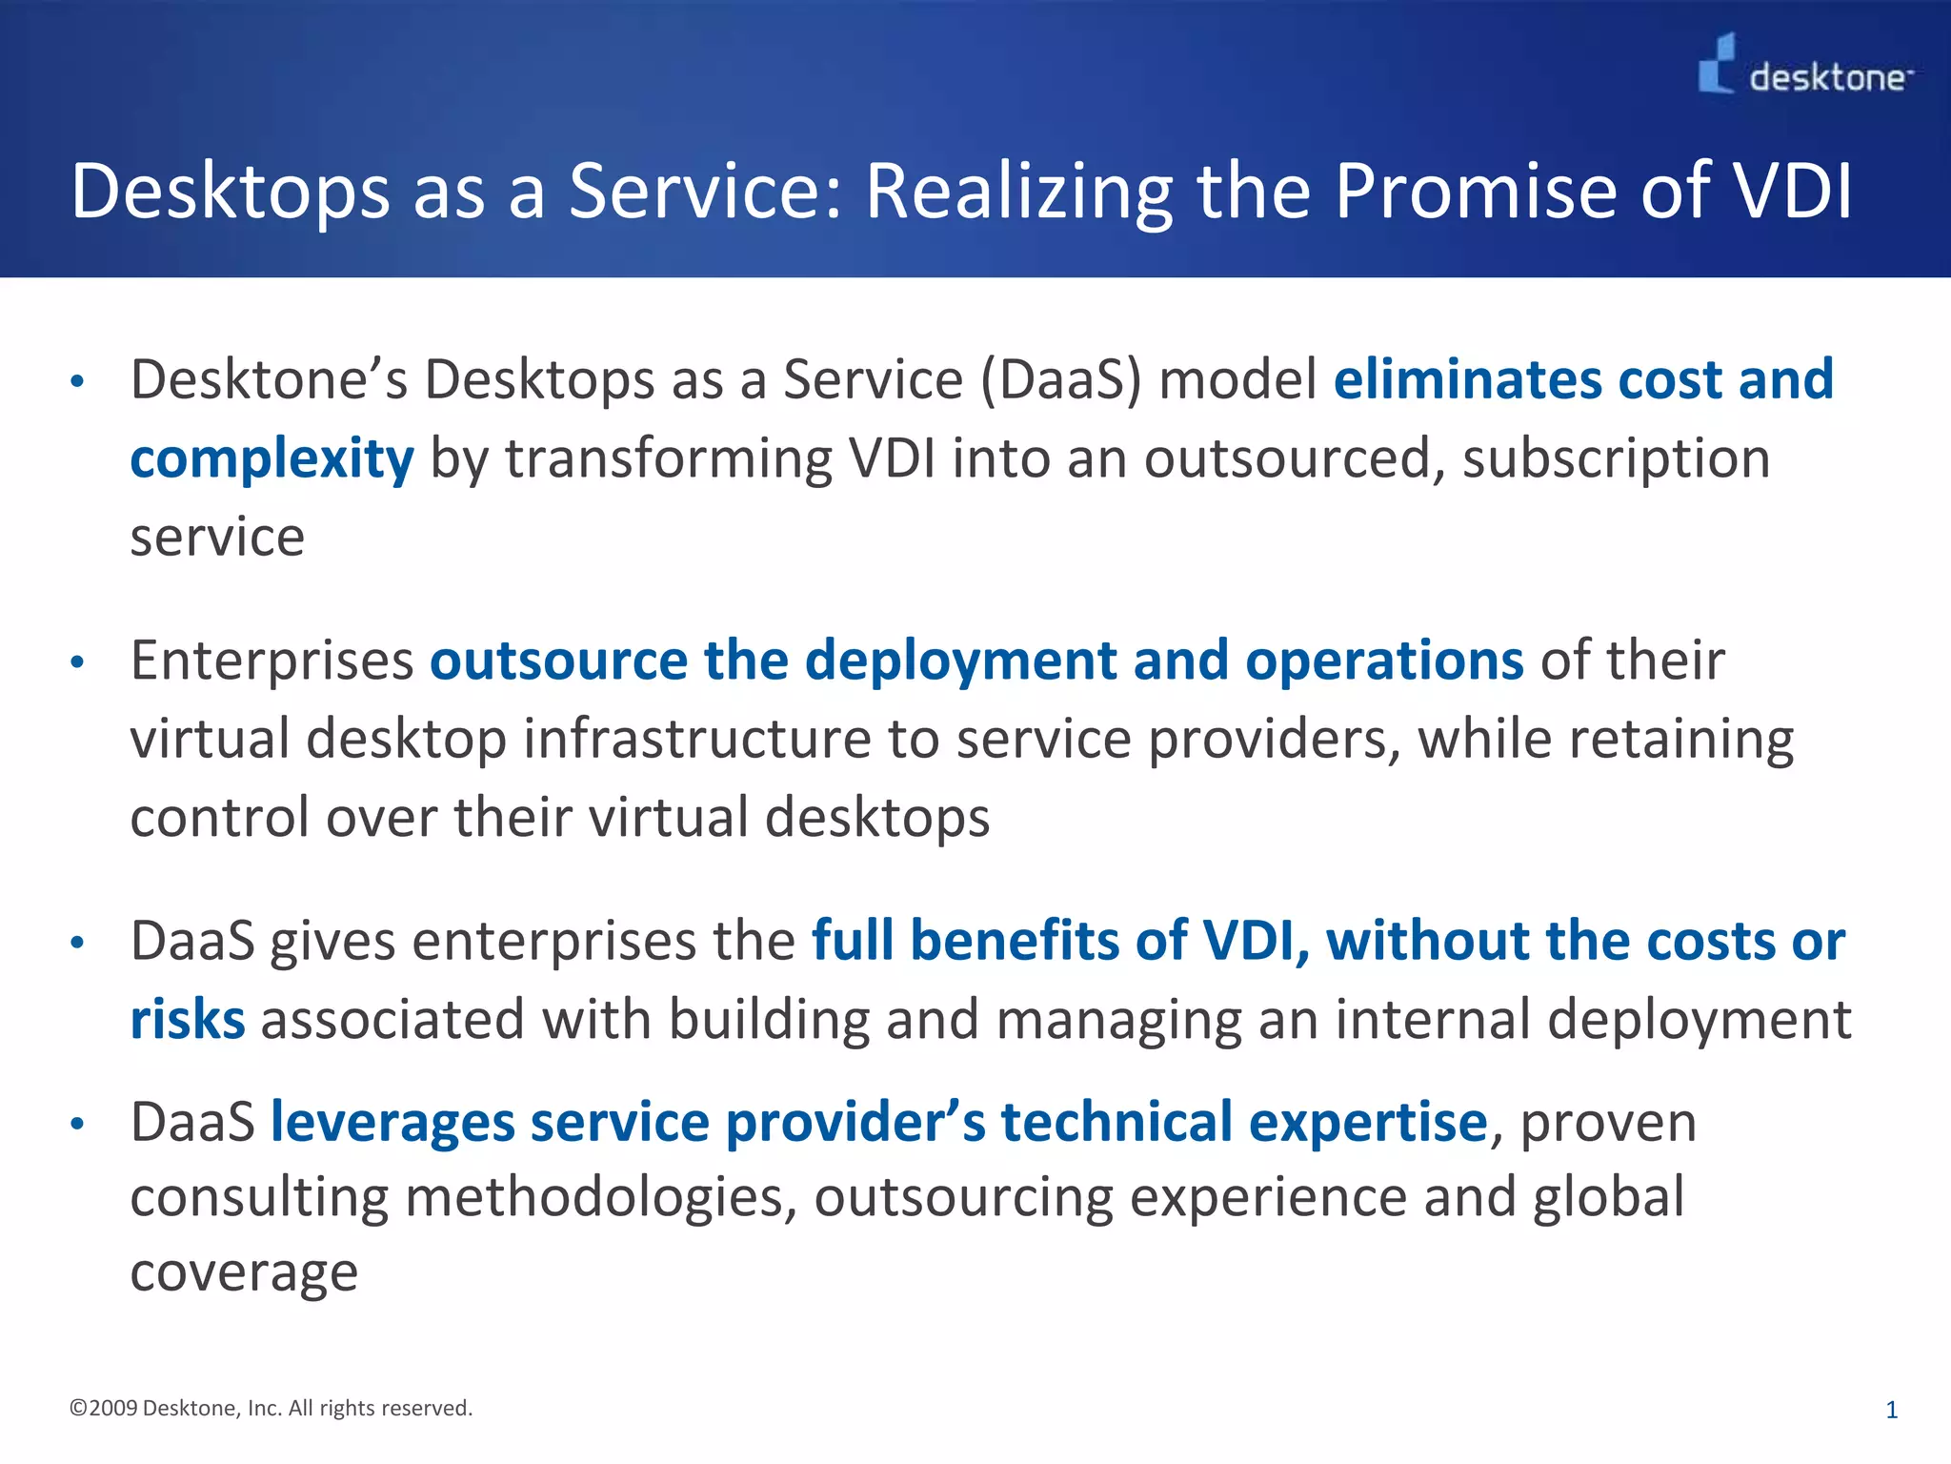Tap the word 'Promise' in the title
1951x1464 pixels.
click(1475, 192)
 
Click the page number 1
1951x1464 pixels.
click(1891, 1410)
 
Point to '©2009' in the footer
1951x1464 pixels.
click(103, 1408)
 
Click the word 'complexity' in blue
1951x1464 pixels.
click(272, 459)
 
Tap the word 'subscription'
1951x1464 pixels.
click(1616, 459)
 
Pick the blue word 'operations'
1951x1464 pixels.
click(1383, 661)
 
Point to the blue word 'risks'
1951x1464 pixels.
click(187, 1020)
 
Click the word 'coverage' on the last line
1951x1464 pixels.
click(244, 1273)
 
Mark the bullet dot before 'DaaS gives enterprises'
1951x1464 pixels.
click(78, 944)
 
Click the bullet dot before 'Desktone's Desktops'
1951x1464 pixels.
click(78, 382)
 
